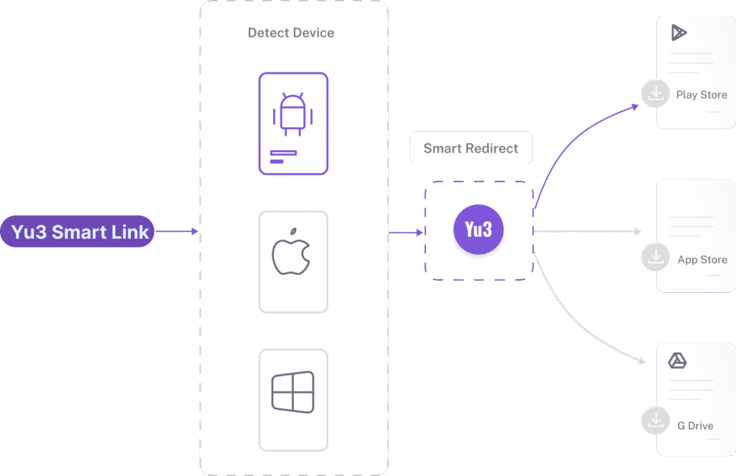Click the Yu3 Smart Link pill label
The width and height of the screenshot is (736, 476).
[x=79, y=232]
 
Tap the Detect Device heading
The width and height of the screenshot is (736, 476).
[x=290, y=32]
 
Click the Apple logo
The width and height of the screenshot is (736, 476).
[x=291, y=252]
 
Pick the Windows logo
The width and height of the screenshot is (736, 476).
[x=293, y=391]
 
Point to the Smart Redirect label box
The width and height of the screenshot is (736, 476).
[x=471, y=149]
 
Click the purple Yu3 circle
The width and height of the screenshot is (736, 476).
[x=478, y=230]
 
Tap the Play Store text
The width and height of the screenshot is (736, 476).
[x=701, y=95]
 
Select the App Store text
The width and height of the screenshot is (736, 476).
[x=701, y=260]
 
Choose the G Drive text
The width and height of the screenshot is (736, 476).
[x=695, y=426]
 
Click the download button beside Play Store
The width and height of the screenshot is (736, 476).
[x=655, y=93]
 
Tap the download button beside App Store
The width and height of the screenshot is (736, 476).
[x=655, y=258]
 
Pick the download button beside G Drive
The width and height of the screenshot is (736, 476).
[x=655, y=421]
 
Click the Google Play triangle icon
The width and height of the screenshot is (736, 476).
[x=678, y=33]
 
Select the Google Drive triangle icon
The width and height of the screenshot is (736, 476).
[x=677, y=360]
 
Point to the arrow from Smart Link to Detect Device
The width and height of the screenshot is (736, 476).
[x=175, y=231]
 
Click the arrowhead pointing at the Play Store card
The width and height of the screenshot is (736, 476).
[x=635, y=106]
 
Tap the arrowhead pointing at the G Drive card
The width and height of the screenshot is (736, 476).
[x=640, y=362]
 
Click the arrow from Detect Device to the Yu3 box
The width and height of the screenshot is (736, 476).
[x=406, y=232]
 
